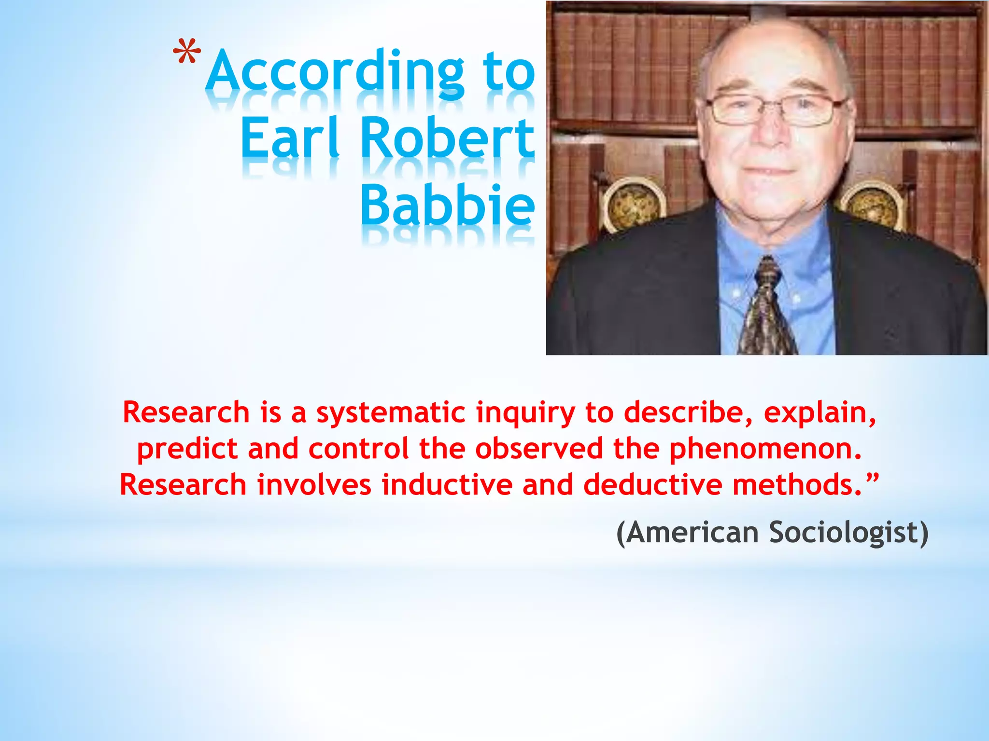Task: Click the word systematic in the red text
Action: click(390, 413)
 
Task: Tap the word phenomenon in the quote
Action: click(765, 450)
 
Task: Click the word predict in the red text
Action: click(186, 450)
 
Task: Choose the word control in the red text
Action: click(358, 449)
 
